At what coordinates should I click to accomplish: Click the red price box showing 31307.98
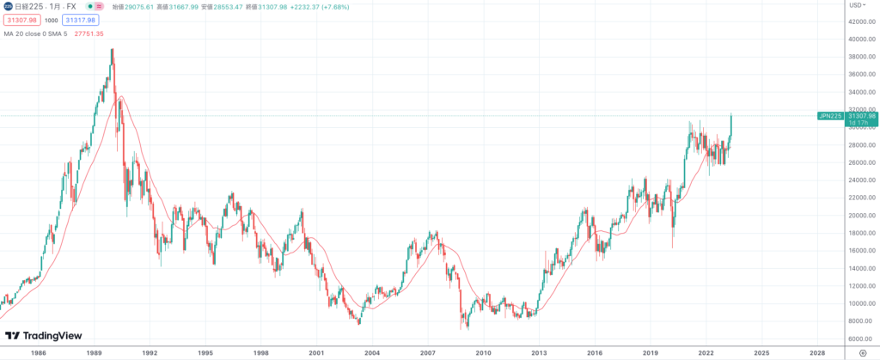click(21, 20)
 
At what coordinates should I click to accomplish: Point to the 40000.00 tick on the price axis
click(859, 40)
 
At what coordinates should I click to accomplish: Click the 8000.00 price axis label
click(859, 320)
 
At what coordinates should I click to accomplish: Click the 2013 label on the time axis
click(539, 352)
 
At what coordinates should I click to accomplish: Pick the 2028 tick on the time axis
click(817, 352)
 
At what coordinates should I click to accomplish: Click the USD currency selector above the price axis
click(857, 5)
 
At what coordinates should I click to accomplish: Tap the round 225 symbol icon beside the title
click(9, 6)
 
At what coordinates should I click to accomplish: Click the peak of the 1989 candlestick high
click(113, 49)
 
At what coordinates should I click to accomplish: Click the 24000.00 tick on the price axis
click(859, 180)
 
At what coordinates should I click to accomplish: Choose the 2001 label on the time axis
click(316, 352)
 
